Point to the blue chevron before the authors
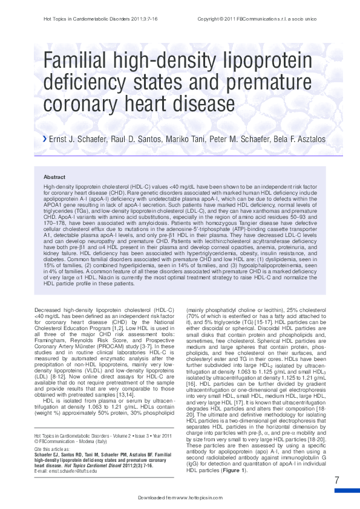pos(44,140)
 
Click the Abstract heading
pos(54,177)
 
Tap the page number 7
pos(336,480)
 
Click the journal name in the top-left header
pos(78,19)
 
